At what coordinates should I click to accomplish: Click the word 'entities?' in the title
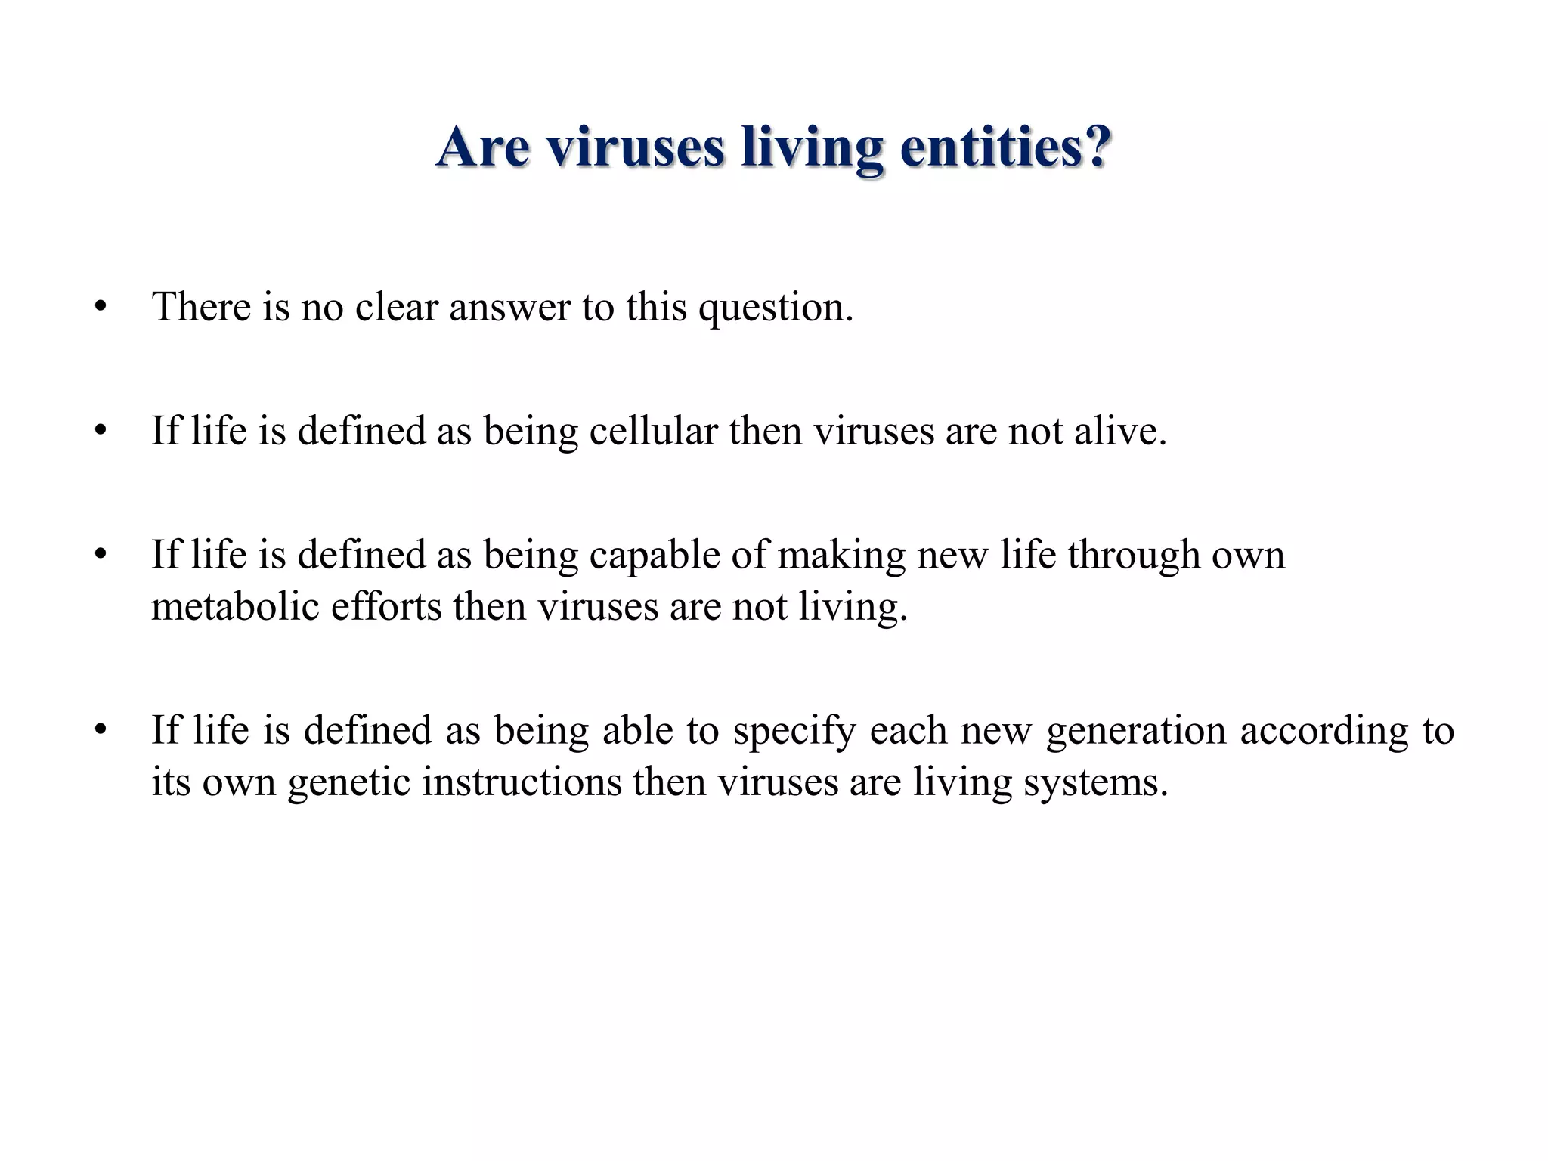[x=1005, y=147]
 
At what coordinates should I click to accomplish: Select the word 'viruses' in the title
[x=635, y=147]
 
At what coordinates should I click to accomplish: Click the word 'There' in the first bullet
[x=201, y=307]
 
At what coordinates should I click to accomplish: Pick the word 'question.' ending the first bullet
[x=776, y=308]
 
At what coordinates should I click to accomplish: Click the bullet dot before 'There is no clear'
[x=101, y=307]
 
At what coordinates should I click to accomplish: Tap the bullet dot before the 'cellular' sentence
[x=101, y=431]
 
